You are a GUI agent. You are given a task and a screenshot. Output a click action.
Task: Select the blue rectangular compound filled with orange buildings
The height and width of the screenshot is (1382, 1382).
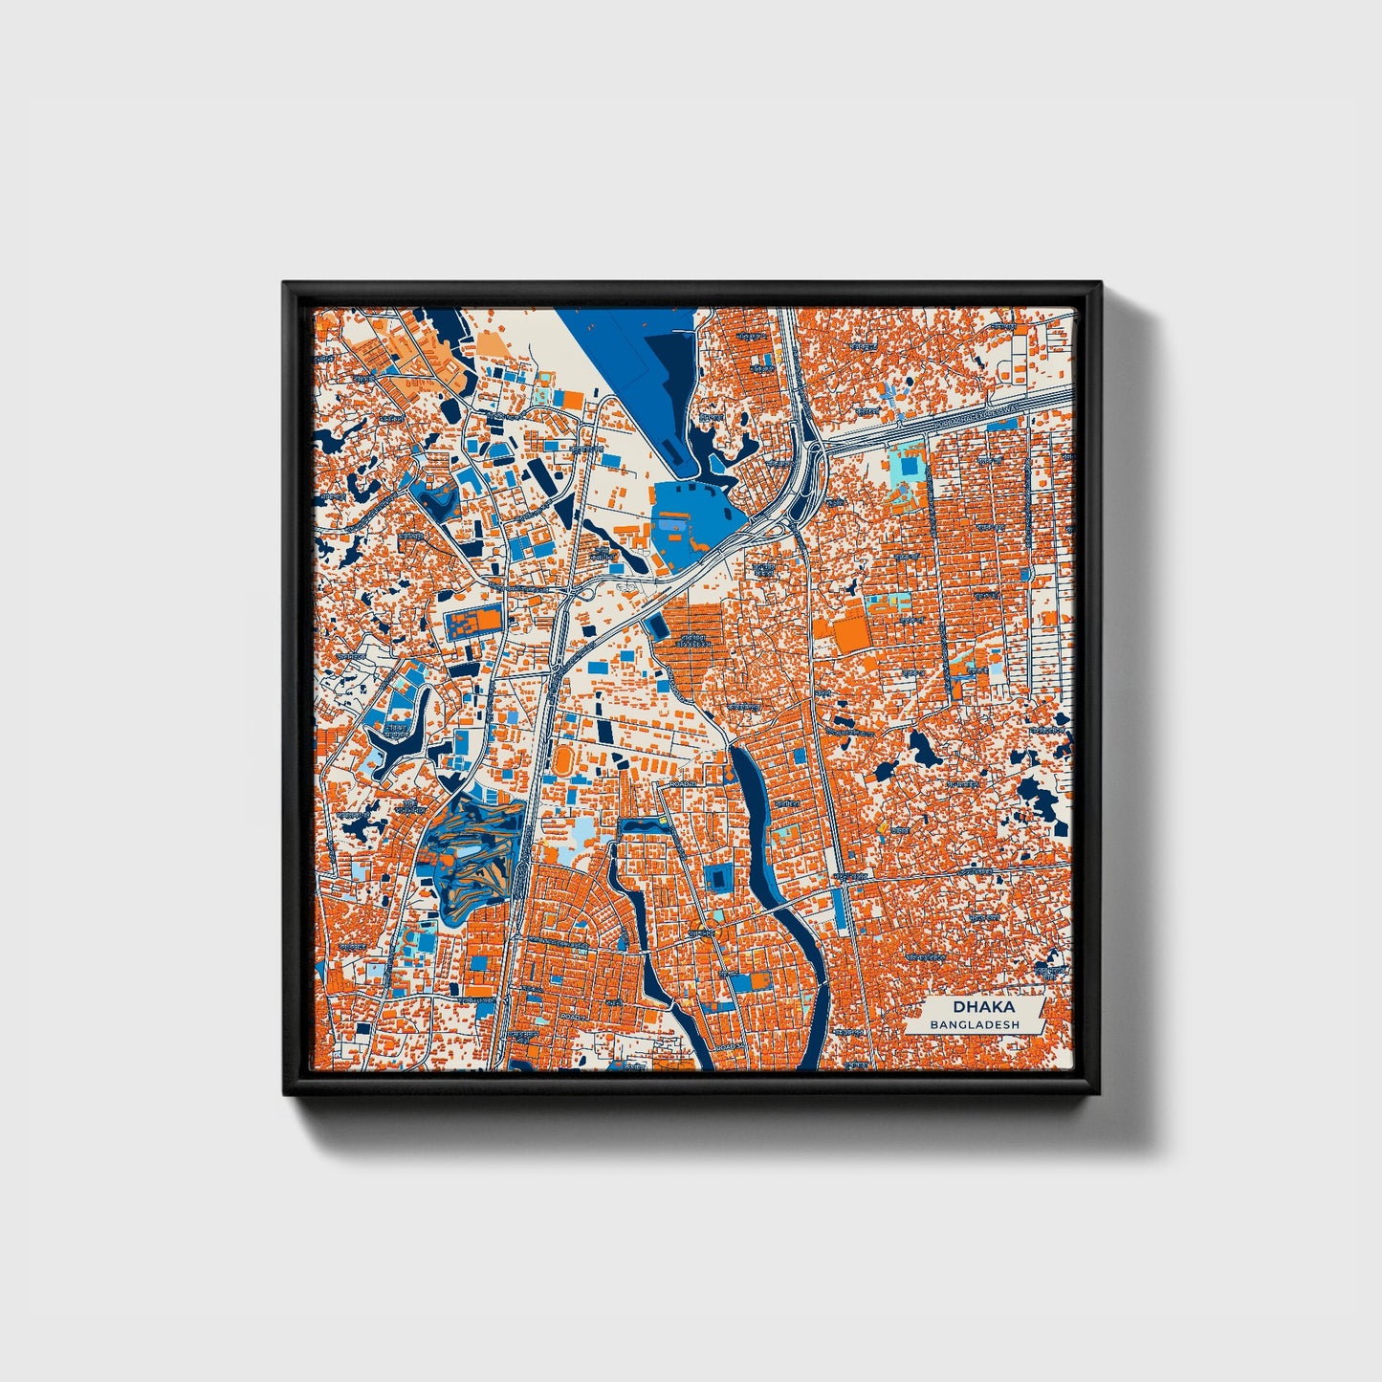click(x=472, y=623)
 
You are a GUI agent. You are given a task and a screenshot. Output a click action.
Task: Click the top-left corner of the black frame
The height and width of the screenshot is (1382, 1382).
click(x=284, y=283)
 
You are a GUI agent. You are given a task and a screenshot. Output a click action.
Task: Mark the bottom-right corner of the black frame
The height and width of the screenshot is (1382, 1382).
click(x=1100, y=1093)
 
